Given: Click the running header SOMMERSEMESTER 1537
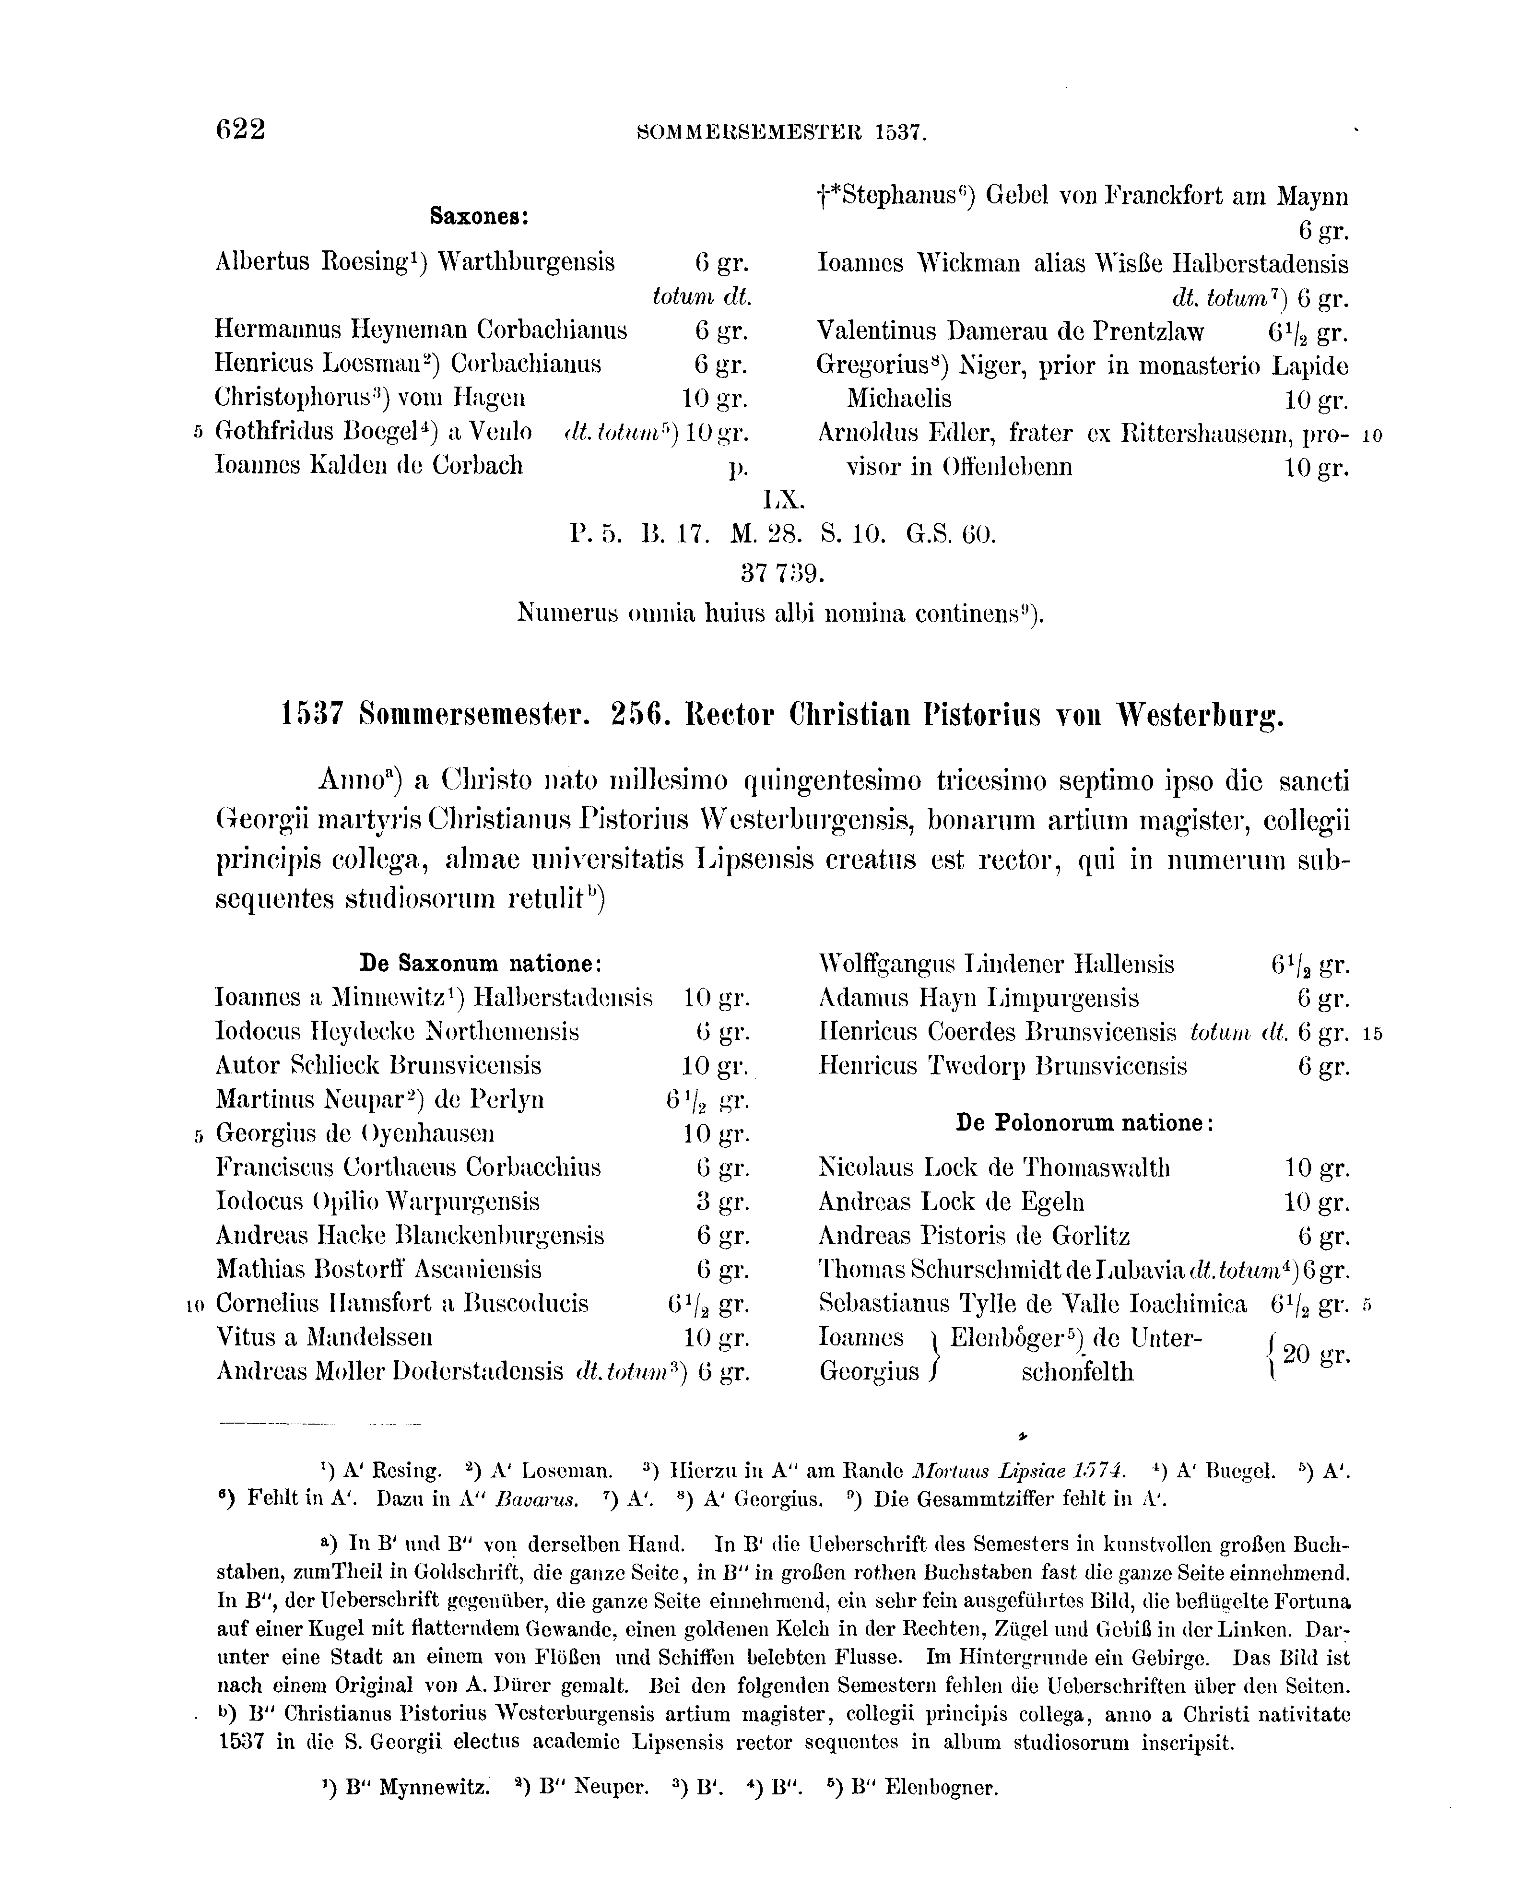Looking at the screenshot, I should pos(782,133).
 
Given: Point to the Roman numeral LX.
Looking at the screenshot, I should pos(782,500).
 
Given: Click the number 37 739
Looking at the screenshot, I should pos(782,574).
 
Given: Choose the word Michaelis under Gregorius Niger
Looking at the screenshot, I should pos(899,399).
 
